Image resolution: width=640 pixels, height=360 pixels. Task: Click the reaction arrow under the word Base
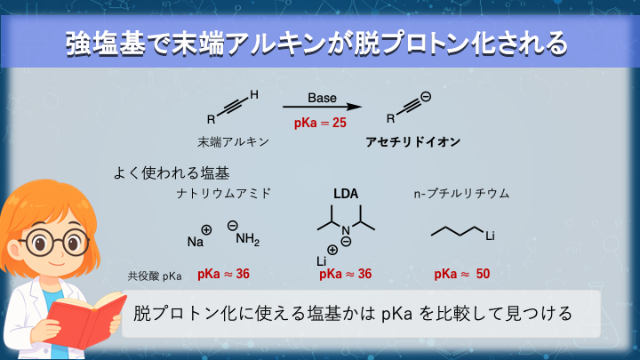click(x=322, y=107)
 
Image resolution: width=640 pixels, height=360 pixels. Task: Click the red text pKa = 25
click(x=320, y=123)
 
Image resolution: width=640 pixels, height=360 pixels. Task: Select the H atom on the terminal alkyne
click(x=254, y=95)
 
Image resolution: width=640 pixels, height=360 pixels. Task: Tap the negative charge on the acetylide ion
click(x=426, y=97)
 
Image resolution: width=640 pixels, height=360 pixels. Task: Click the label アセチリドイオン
click(x=413, y=141)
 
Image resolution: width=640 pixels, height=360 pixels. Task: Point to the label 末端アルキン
click(x=233, y=141)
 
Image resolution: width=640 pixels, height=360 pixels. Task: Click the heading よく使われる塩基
click(x=172, y=173)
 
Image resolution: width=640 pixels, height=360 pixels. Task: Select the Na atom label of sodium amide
click(x=195, y=242)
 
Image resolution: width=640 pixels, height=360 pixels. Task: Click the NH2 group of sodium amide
click(x=247, y=239)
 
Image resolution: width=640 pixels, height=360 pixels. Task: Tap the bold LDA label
click(x=346, y=194)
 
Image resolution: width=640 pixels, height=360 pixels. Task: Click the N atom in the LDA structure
click(x=345, y=230)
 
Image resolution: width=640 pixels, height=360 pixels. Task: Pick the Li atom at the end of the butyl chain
click(x=490, y=236)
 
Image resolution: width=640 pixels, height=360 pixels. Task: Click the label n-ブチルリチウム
click(x=461, y=194)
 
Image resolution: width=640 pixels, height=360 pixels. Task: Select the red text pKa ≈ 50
click(x=462, y=274)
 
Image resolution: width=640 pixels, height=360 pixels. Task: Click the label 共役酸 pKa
click(x=155, y=276)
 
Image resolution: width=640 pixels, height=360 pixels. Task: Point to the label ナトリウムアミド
click(x=224, y=194)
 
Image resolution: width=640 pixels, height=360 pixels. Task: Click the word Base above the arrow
click(x=322, y=98)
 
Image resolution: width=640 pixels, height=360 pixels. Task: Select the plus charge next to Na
click(x=206, y=230)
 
